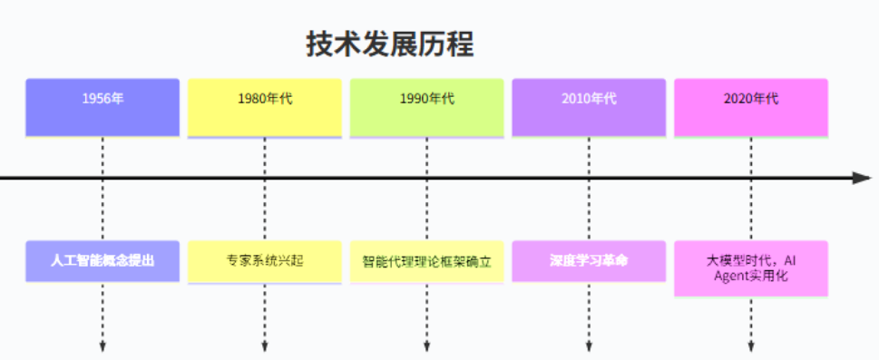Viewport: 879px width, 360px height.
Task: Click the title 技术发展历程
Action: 390,44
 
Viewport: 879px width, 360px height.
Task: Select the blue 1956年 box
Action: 103,107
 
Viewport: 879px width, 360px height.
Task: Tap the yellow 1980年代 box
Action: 265,107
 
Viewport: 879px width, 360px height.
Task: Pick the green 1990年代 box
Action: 427,107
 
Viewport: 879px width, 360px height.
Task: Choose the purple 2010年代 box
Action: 589,107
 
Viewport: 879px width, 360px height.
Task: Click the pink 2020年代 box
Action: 751,107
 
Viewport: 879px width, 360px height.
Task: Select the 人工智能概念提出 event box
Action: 103,261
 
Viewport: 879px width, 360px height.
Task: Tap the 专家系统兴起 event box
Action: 265,261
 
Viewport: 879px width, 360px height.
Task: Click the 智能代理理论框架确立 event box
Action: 427,261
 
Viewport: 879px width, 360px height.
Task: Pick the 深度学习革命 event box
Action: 589,261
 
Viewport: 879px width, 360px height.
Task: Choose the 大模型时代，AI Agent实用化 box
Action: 751,268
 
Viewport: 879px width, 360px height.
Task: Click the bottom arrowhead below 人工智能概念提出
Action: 103,346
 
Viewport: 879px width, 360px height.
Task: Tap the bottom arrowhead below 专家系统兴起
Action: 265,346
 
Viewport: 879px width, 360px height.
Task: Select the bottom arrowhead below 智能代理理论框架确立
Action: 427,346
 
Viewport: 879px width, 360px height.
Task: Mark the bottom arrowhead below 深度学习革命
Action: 589,346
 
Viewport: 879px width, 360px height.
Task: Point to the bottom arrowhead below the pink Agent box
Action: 751,346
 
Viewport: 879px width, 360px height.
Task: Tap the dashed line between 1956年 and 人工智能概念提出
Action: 103,209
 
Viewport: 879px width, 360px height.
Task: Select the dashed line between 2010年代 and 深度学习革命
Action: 589,209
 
